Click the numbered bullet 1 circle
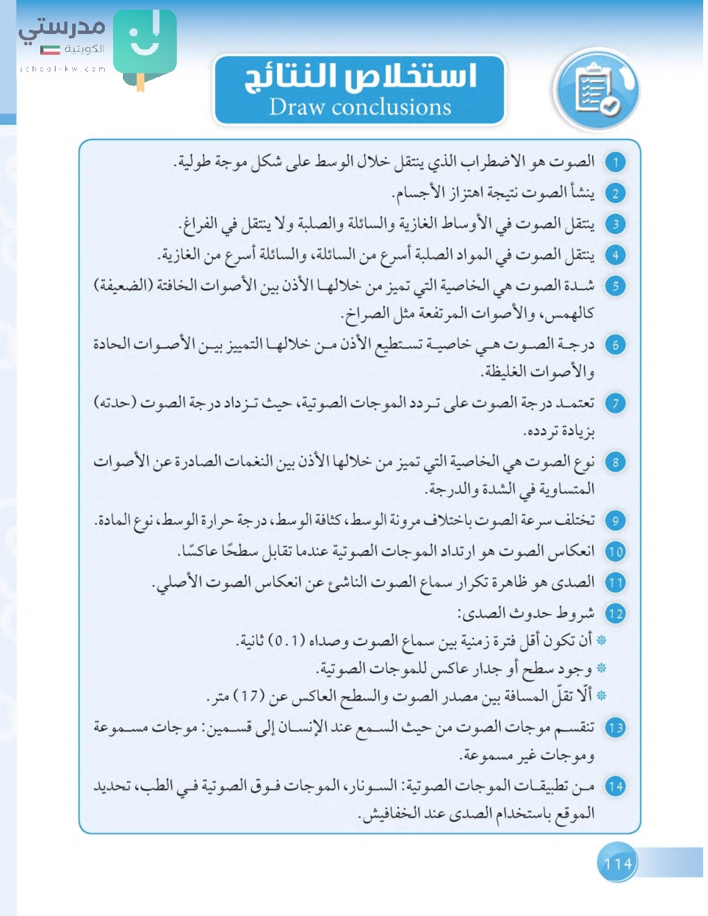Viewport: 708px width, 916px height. (615, 162)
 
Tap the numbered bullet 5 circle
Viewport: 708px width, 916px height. (615, 286)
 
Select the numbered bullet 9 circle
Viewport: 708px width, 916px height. (615, 520)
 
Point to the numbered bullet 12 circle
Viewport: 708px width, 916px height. (615, 613)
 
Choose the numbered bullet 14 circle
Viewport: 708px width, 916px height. (615, 786)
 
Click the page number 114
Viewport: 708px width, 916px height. (617, 863)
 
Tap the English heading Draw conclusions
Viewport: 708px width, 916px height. (360, 107)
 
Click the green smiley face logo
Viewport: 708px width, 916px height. (144, 42)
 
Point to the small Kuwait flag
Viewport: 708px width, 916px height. (50, 49)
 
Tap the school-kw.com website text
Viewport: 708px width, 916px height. (62, 69)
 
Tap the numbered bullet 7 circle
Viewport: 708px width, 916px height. (615, 403)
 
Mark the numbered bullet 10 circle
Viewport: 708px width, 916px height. (615, 552)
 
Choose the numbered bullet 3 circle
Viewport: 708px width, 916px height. (615, 224)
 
